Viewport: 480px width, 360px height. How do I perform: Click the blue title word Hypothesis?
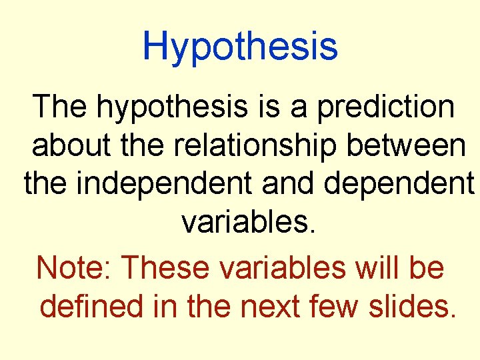point(240,47)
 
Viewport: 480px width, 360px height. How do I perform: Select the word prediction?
point(386,108)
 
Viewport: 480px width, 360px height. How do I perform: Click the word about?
point(71,146)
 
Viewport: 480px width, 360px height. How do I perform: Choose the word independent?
point(165,183)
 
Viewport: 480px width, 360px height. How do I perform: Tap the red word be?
point(428,268)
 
